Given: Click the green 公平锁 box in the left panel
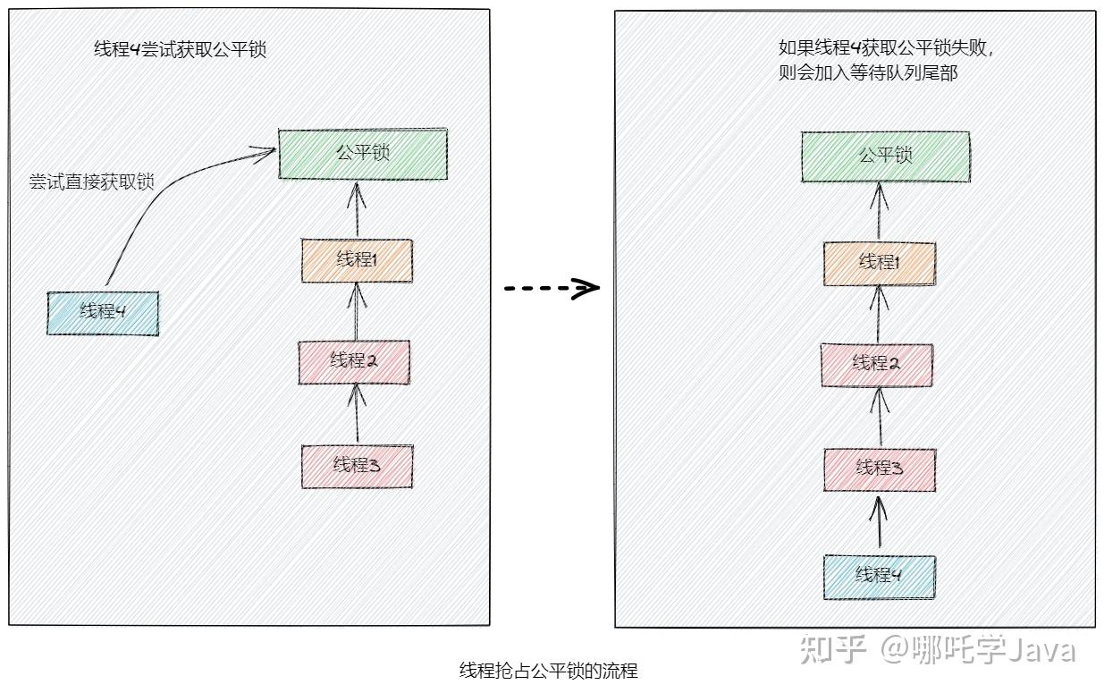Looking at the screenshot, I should pyautogui.click(x=363, y=154).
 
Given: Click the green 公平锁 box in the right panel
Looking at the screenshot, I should pyautogui.click(x=885, y=156).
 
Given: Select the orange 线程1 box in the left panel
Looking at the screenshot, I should pyautogui.click(x=357, y=260).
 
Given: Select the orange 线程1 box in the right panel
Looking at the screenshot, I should pyautogui.click(x=880, y=263).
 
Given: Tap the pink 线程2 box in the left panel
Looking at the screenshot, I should pyautogui.click(x=354, y=361).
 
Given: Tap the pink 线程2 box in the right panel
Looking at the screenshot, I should pyautogui.click(x=877, y=363).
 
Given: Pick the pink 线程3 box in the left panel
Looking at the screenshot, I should pyautogui.click(x=358, y=465).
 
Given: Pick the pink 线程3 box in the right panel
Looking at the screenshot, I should pyautogui.click(x=880, y=469).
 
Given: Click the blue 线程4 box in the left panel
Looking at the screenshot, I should pyautogui.click(x=103, y=312).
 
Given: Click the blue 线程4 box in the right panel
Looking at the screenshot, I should pyautogui.click(x=880, y=576).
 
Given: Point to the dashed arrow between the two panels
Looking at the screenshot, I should pyautogui.click(x=551, y=288).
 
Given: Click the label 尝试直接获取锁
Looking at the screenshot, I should pyautogui.click(x=91, y=182).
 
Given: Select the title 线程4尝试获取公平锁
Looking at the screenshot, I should pyautogui.click(x=181, y=50).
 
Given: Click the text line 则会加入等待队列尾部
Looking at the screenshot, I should pyautogui.click(x=868, y=73).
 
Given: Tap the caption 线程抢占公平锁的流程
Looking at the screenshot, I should pyautogui.click(x=548, y=671).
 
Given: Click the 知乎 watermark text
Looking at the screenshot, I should pyautogui.click(x=833, y=649).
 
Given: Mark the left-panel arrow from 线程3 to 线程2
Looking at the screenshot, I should pyautogui.click(x=357, y=413).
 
